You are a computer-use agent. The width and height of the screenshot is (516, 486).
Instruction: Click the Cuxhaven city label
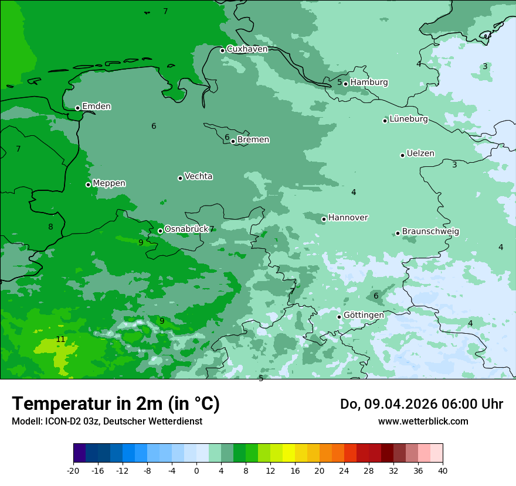[247, 49]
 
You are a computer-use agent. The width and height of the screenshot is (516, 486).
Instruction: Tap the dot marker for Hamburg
[346, 84]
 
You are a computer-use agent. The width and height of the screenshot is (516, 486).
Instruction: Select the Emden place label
[96, 107]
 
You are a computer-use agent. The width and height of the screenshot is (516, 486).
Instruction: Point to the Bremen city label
[253, 140]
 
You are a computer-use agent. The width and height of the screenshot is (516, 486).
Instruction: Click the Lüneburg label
[409, 119]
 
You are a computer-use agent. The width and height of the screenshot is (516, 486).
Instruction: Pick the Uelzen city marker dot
[403, 155]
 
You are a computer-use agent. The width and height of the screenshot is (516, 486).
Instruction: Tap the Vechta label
[198, 176]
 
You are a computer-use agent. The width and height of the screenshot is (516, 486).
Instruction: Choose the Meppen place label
[109, 183]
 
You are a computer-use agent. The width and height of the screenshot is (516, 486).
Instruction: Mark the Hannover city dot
[324, 219]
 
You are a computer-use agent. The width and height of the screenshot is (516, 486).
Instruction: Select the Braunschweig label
[430, 232]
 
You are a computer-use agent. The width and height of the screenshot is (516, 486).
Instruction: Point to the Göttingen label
[364, 315]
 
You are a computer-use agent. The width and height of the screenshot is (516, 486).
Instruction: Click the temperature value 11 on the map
[60, 340]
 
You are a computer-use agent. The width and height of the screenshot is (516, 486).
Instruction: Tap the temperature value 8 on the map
[50, 227]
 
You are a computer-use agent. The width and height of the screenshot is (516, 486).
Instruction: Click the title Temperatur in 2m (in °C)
[116, 404]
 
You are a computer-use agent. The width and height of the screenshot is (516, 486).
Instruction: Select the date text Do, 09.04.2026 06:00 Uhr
[421, 404]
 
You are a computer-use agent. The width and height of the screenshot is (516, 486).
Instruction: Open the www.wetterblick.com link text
[423, 422]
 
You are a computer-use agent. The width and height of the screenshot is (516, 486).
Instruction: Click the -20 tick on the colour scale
[73, 471]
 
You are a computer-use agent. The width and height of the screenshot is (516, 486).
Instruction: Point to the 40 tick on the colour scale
[443, 471]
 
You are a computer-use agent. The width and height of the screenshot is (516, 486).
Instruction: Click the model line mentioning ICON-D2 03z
[107, 422]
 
